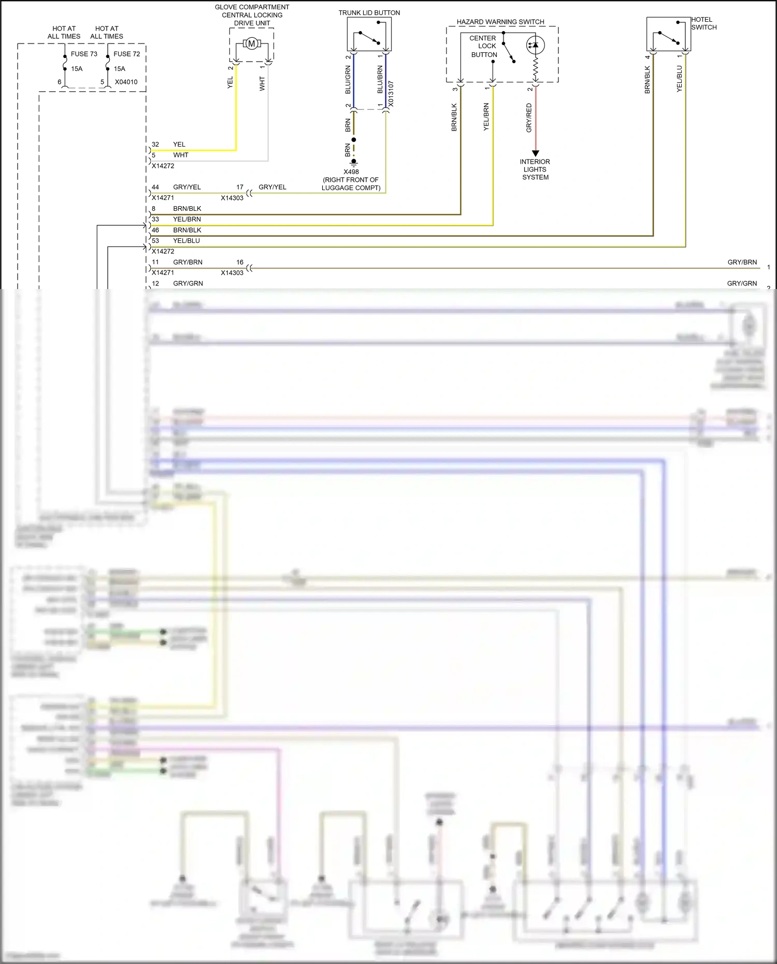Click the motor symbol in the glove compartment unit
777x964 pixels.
pos(252,44)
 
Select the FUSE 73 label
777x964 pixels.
pos(84,54)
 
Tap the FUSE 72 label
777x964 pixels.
pos(127,54)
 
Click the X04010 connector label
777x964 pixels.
pos(126,82)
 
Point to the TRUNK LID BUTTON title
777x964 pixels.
pos(369,13)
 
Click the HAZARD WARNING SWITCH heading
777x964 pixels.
pos(500,22)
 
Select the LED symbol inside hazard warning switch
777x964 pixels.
pos(535,45)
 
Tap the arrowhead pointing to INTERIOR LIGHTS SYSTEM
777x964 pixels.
pos(536,153)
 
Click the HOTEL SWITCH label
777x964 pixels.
pos(703,23)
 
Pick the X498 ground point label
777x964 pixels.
pos(351,172)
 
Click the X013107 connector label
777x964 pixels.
pos(391,94)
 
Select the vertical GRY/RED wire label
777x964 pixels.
pos(529,118)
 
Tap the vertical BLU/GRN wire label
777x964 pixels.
pos(348,80)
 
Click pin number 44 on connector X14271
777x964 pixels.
pos(155,187)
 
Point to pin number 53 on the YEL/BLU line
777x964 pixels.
pos(155,241)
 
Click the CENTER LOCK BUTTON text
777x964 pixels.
pos(483,46)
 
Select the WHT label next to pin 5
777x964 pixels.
pos(181,155)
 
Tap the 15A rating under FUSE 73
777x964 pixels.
pos(77,69)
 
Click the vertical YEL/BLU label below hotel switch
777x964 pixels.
pos(679,79)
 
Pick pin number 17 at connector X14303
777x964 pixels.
pos(240,187)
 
